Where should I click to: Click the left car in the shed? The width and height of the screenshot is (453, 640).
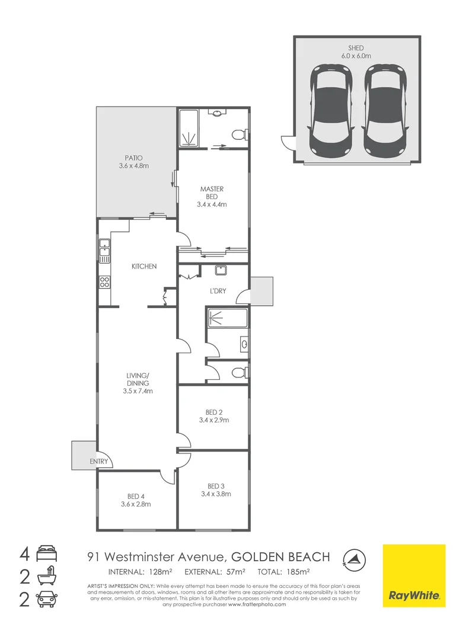[331, 110]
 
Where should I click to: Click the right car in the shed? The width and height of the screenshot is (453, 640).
[385, 110]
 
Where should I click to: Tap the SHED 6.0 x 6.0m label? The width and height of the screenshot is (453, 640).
[356, 52]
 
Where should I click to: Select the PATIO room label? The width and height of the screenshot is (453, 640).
[133, 162]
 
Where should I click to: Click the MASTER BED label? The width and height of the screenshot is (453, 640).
[212, 196]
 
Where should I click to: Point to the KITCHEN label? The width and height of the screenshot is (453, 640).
[143, 266]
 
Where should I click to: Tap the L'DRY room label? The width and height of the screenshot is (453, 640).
[218, 291]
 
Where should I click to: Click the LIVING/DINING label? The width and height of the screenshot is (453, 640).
[138, 383]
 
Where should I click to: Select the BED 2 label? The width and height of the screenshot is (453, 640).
[214, 416]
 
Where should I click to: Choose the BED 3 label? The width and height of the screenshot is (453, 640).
[216, 490]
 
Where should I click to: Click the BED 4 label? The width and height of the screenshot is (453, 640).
[136, 500]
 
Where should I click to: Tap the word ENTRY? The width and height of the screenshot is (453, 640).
[99, 461]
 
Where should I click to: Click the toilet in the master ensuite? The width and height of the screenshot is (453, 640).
[239, 133]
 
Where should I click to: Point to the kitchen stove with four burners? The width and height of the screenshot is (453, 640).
[104, 282]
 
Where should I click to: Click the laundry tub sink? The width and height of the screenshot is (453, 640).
[221, 270]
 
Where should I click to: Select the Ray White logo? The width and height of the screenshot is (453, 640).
[414, 575]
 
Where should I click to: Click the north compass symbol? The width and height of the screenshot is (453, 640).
[354, 559]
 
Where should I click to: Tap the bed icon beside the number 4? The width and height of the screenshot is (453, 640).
[47, 554]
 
